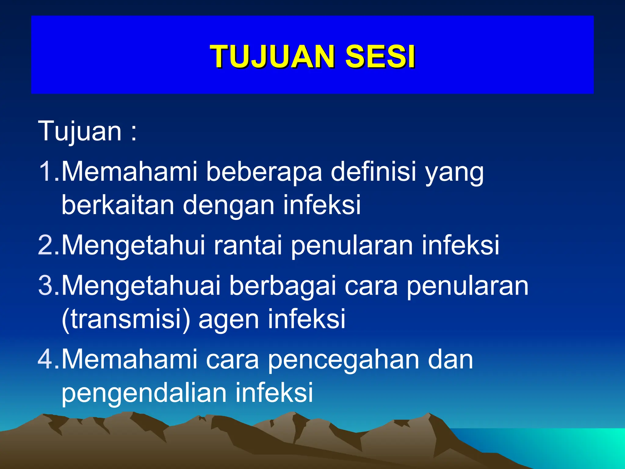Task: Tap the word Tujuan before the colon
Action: pyautogui.click(x=80, y=131)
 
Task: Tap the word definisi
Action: pyautogui.click(x=374, y=172)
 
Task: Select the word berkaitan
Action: pyautogui.click(x=118, y=205)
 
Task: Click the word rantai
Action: pyautogui.click(x=247, y=245)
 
